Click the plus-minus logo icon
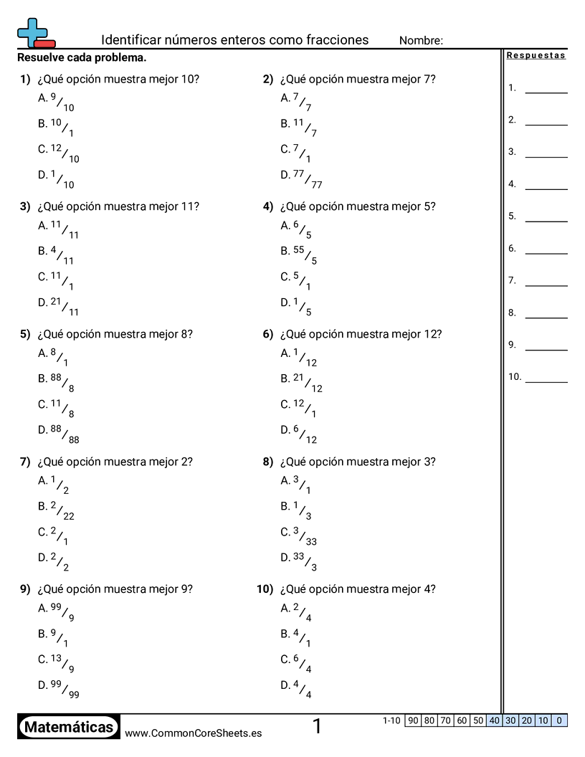tap(35, 33)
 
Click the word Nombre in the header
tap(421, 41)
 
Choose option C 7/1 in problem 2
tap(296, 153)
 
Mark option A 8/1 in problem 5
tap(54, 356)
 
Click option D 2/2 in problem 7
tap(54, 561)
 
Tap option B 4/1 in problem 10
tap(296, 637)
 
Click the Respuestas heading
tap(536, 55)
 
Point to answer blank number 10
tap(546, 381)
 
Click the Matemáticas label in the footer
tap(69, 727)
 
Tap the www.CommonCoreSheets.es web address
tap(193, 733)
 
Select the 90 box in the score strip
tap(412, 720)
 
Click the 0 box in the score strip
tap(559, 720)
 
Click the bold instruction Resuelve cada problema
tap(82, 57)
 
